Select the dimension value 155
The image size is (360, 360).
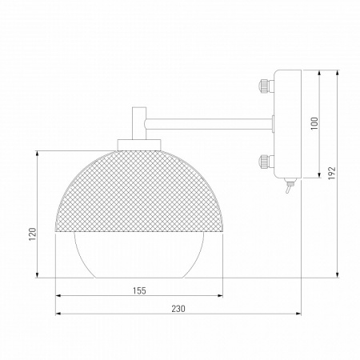click(140, 291)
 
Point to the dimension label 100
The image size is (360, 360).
click(314, 123)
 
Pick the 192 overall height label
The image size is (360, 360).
click(331, 174)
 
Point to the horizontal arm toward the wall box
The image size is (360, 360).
click(208, 122)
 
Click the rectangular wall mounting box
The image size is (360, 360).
click(286, 124)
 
